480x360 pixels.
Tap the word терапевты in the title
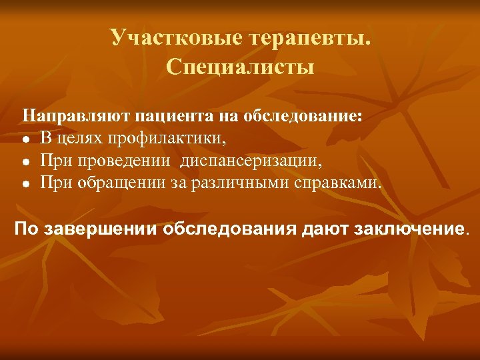pyautogui.click(x=308, y=39)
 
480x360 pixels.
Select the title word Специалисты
pyautogui.click(x=240, y=67)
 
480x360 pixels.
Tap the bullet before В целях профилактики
pyautogui.click(x=25, y=139)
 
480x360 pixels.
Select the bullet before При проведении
pyautogui.click(x=25, y=162)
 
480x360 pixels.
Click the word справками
pyautogui.click(x=338, y=183)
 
